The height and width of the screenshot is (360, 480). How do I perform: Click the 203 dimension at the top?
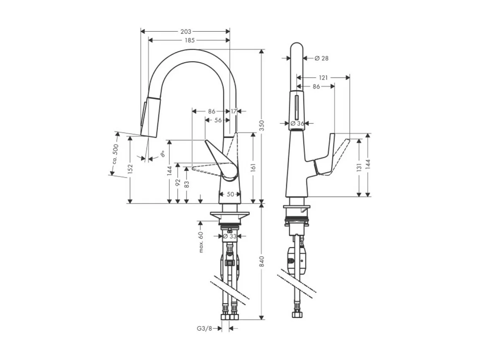tap(186, 31)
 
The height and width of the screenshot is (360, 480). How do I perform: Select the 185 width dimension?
tap(189, 40)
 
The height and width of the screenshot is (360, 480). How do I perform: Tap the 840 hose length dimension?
tap(262, 262)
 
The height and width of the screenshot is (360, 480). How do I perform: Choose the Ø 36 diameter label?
tap(298, 123)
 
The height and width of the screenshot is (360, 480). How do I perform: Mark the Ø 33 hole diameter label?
tap(230, 236)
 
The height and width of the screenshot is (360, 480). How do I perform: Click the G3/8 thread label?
tap(204, 329)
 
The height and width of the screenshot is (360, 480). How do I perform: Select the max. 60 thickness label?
tap(201, 242)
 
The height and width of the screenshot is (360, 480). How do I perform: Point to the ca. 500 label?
tap(114, 155)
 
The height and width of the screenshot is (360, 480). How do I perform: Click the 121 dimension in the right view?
tap(323, 78)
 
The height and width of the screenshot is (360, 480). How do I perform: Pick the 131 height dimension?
tap(359, 167)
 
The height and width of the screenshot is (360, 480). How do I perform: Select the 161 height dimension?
tap(253, 168)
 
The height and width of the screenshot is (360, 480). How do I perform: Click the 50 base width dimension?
tap(231, 194)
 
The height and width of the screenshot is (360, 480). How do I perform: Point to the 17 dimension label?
tap(233, 111)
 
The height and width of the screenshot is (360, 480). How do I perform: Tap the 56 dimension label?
tap(218, 120)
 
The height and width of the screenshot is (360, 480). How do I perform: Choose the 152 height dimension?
tap(130, 168)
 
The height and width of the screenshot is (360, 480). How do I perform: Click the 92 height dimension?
tap(178, 182)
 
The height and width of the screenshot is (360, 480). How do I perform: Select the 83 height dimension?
tap(186, 184)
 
